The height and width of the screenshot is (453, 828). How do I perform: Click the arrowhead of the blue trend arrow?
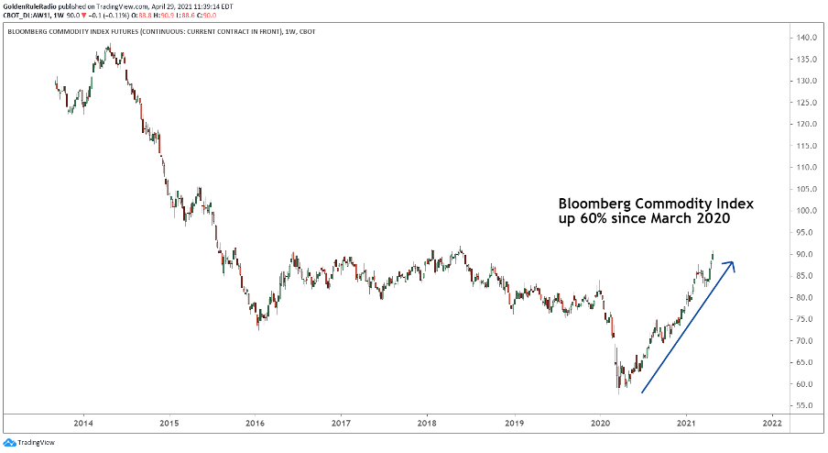(730, 265)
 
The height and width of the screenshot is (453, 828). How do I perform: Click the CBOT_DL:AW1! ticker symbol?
(28, 16)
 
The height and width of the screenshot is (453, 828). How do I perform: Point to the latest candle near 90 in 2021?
(713, 254)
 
